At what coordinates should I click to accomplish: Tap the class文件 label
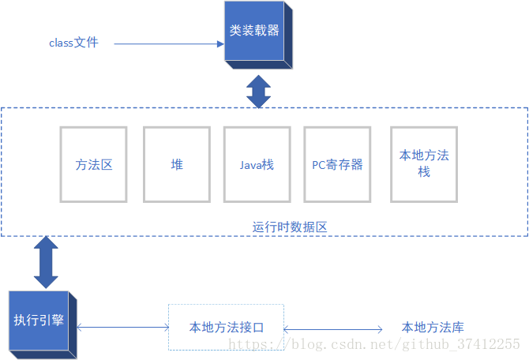tap(73, 43)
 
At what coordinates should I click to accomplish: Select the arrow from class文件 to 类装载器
tap(169, 43)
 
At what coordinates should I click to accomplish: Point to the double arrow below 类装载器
tap(258, 91)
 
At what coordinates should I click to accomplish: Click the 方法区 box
tap(95, 164)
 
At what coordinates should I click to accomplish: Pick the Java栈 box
tap(257, 164)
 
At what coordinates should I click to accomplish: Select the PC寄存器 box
tap(337, 164)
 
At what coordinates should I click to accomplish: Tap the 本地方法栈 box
tap(424, 164)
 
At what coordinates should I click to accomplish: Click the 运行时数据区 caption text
tap(290, 227)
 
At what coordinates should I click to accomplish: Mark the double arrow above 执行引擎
tap(46, 261)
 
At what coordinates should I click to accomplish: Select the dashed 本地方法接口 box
tap(226, 327)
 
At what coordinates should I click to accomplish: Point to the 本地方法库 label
tap(433, 327)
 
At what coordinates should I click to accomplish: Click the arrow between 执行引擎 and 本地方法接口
tap(123, 327)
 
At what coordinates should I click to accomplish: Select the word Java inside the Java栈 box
tap(251, 165)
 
